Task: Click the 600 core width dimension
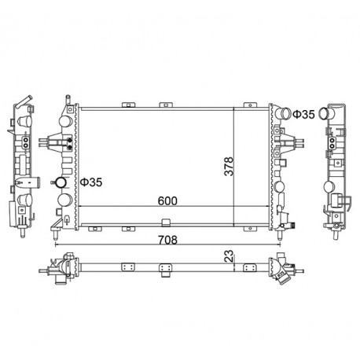(166, 200)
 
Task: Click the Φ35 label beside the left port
(91, 182)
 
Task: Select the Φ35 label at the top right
(303, 115)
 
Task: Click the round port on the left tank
(64, 183)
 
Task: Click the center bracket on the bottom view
(165, 268)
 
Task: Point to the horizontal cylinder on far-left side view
(32, 182)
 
